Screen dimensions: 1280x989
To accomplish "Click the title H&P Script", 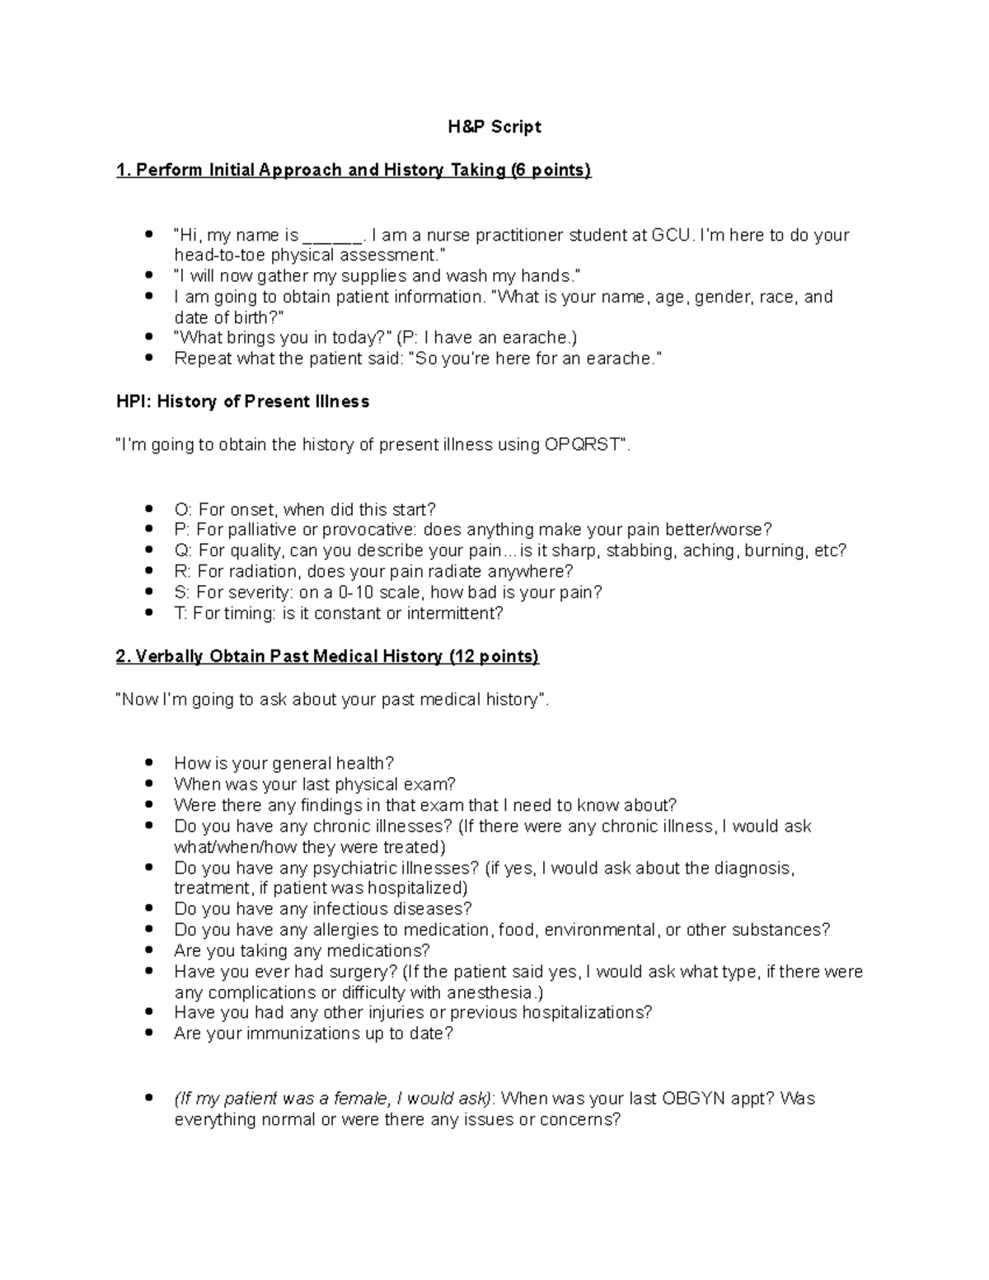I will (494, 127).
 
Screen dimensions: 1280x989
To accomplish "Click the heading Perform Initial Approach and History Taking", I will (354, 171).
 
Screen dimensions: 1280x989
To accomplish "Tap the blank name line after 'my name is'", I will (333, 237).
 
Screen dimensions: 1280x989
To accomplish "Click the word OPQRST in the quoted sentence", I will (581, 445).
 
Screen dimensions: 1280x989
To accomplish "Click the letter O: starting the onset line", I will (182, 509).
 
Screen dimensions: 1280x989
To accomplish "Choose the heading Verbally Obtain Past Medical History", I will (327, 657).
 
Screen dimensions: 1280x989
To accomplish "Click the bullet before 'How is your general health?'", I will (148, 764).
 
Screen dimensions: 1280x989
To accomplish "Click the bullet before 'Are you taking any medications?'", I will (148, 951).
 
